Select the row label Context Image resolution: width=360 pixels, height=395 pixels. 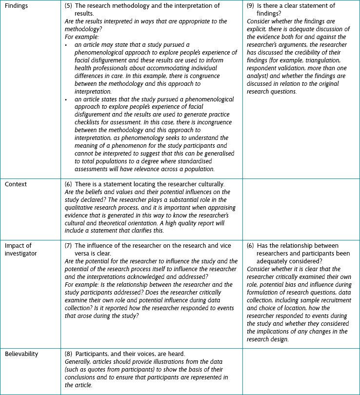click(x=16, y=184)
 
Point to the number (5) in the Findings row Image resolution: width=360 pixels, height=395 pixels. click(x=69, y=6)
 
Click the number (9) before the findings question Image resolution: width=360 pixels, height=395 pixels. click(x=251, y=6)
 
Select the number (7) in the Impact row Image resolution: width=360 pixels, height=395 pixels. click(x=69, y=245)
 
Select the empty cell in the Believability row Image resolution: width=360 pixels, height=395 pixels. click(x=300, y=371)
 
